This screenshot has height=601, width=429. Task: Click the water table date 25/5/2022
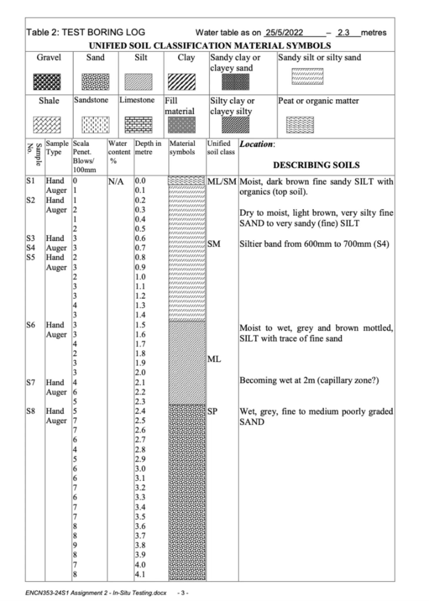click(284, 32)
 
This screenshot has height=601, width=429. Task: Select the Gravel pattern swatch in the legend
click(47, 82)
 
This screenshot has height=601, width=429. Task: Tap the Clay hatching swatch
click(182, 82)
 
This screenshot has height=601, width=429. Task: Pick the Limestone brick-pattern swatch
click(138, 125)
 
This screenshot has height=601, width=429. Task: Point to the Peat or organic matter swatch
click(300, 125)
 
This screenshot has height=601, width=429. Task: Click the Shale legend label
click(49, 101)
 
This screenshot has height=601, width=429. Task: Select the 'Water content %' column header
click(119, 152)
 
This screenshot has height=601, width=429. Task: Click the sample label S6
click(31, 325)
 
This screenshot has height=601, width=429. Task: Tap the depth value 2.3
click(140, 401)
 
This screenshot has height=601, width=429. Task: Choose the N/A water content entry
click(116, 182)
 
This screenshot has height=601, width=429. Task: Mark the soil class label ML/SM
click(222, 182)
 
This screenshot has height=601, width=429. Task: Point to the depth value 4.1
click(140, 574)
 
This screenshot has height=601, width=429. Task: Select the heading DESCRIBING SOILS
click(316, 165)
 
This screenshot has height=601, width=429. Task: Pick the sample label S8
click(31, 411)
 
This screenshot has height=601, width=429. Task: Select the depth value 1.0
click(140, 277)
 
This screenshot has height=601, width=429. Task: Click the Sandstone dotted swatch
click(95, 125)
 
